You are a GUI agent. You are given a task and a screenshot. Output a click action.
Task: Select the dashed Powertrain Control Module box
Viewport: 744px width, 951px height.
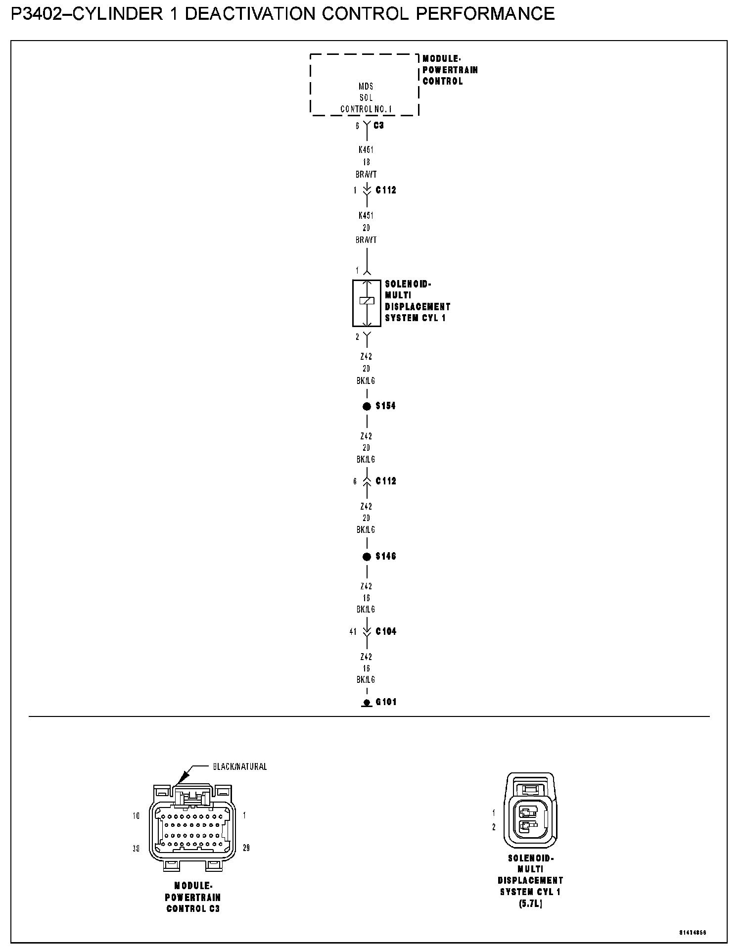365,85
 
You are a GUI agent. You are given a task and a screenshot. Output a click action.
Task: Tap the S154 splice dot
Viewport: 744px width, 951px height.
367,407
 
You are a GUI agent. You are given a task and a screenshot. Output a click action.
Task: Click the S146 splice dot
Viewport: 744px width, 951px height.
367,557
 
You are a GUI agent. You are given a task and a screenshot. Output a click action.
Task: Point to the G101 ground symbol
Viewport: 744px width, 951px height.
367,703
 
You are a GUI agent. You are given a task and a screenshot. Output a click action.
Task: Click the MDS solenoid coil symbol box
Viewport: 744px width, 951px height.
367,303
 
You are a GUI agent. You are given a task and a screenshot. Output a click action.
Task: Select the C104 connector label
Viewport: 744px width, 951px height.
386,631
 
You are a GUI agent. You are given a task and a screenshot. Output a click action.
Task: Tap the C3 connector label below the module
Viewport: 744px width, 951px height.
378,126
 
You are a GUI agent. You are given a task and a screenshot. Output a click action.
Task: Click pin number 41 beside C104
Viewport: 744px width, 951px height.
353,632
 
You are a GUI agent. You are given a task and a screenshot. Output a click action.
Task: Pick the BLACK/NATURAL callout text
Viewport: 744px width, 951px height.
240,767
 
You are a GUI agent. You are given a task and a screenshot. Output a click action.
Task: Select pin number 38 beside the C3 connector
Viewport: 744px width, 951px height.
136,849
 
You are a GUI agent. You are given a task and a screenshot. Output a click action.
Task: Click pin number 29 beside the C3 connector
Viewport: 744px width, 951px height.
246,848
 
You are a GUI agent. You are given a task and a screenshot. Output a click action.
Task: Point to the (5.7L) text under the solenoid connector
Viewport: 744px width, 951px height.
530,904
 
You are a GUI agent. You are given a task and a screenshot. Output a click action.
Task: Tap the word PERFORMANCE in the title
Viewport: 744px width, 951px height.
485,14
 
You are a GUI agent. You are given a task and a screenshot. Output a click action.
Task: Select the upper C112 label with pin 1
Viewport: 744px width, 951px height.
386,190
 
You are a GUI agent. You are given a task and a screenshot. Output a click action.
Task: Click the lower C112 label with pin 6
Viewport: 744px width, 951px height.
386,481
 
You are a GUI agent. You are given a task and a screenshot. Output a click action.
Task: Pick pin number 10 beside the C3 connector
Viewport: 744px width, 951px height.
136,816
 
